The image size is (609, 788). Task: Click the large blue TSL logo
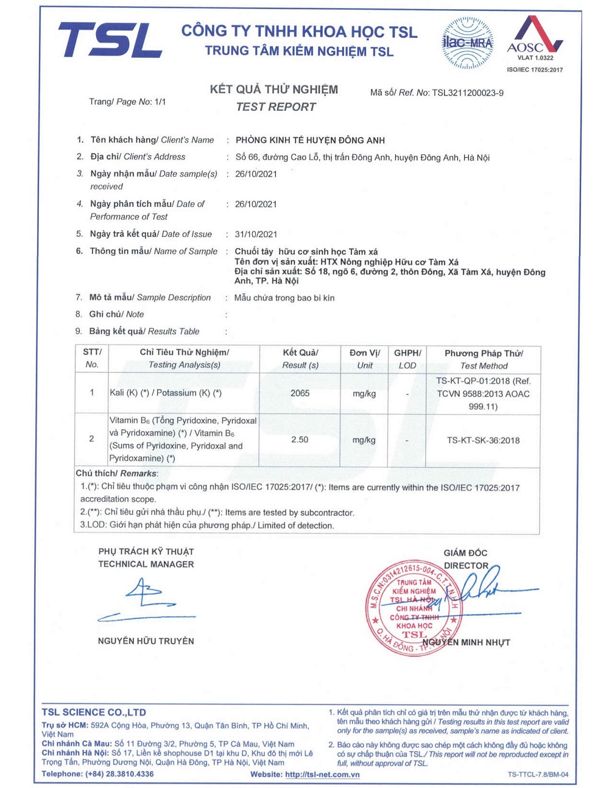click(110, 41)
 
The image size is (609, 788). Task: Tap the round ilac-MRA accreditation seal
click(467, 43)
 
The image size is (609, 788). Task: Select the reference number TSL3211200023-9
click(468, 93)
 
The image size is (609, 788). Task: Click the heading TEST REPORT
click(276, 107)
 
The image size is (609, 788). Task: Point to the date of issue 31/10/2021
click(256, 234)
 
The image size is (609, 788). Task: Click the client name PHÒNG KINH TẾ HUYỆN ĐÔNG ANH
click(310, 140)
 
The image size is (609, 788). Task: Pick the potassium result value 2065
click(300, 393)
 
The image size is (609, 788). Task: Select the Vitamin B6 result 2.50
click(300, 440)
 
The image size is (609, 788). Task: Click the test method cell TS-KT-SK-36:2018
click(483, 440)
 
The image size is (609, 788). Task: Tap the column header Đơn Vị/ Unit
click(364, 359)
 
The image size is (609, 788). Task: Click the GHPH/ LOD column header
click(407, 359)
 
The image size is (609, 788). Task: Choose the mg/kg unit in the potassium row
click(364, 394)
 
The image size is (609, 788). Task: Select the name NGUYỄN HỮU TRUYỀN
click(146, 641)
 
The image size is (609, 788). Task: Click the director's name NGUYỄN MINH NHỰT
click(466, 642)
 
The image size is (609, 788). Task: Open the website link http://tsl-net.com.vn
click(322, 775)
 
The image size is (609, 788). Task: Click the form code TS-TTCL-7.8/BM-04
click(538, 775)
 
